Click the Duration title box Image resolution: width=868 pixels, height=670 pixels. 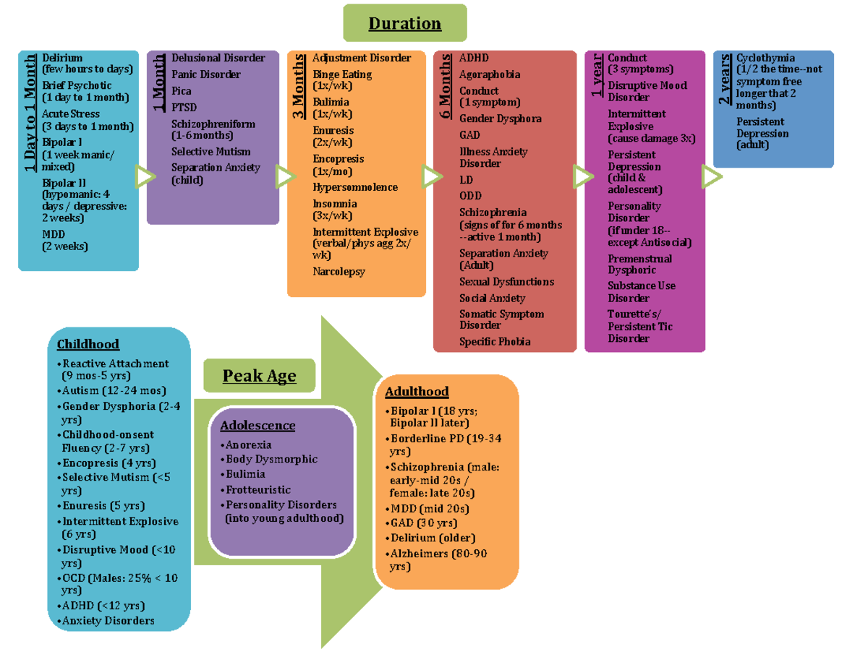pyautogui.click(x=404, y=24)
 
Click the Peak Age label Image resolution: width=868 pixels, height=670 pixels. pyautogui.click(x=259, y=376)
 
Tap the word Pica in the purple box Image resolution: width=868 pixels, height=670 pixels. pyautogui.click(x=182, y=91)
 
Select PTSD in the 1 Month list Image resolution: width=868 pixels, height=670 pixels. pyautogui.click(x=184, y=108)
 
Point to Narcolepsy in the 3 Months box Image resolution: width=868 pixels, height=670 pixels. pyautogui.click(x=339, y=272)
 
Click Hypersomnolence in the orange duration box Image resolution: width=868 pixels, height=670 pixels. pyautogui.click(x=355, y=187)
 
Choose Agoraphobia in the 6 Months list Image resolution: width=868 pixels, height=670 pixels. pyautogui.click(x=490, y=74)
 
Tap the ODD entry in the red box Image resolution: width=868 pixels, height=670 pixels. pyautogui.click(x=470, y=196)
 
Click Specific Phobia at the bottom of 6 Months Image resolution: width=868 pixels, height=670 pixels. pyautogui.click(x=495, y=341)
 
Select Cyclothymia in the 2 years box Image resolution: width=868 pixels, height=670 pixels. pyautogui.click(x=765, y=58)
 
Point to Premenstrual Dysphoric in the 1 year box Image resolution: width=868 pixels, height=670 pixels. pyautogui.click(x=639, y=264)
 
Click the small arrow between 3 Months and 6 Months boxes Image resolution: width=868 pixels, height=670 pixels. pyautogui.click(x=433, y=176)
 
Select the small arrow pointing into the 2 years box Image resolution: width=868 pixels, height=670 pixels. pyautogui.click(x=711, y=176)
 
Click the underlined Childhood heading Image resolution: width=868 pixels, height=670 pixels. pyautogui.click(x=88, y=345)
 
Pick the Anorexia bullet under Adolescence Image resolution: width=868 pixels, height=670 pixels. pyautogui.click(x=248, y=444)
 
